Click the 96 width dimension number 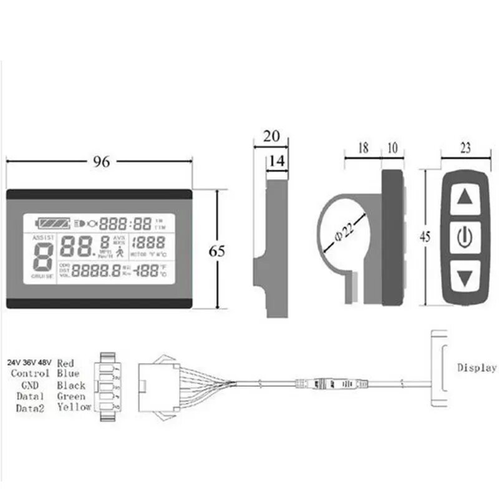(102, 162)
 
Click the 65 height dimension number (216, 251)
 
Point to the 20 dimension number (272, 137)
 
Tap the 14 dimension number (278, 160)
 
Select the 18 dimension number (364, 148)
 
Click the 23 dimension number (465, 148)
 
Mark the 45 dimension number (426, 237)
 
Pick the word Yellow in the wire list (74, 407)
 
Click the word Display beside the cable (477, 367)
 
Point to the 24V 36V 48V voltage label (29, 362)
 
